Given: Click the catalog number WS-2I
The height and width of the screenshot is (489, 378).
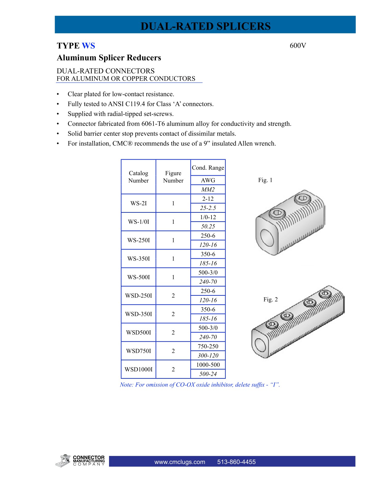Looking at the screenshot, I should point(138,203).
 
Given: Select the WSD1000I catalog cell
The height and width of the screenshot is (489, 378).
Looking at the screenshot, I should point(138,369).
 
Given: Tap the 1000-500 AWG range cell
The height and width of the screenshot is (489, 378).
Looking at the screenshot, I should point(208,365).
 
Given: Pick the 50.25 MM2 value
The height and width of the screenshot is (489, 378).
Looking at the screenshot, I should point(208,226).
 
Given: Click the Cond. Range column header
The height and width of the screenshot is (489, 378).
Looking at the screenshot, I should point(208,168).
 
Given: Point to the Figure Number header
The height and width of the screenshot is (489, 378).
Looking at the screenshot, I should point(173,177).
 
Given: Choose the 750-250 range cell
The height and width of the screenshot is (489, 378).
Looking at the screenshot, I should point(208,346).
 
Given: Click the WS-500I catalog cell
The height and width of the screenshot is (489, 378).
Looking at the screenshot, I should point(138,277).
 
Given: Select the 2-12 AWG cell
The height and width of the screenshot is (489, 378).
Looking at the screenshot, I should point(208,199).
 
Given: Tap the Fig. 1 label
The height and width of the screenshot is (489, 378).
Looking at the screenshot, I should point(265,180).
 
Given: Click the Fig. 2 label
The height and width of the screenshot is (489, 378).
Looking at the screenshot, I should point(271,299).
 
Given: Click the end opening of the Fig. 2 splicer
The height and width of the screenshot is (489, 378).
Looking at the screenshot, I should point(261,345).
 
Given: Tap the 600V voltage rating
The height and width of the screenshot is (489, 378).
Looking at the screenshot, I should point(298,46).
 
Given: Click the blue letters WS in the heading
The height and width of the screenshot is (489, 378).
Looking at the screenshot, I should point(88,46).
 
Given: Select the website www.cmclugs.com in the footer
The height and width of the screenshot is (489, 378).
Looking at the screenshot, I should point(180,462).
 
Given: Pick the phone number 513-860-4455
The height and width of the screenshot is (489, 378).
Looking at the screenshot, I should point(236,462).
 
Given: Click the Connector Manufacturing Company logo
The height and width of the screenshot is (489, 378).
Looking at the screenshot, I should point(80,461).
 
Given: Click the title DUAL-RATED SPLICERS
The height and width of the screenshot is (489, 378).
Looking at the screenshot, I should point(205,26).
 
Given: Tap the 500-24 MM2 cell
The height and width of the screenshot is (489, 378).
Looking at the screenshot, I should point(208,374).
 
